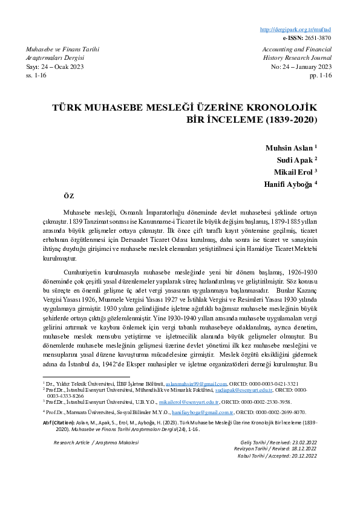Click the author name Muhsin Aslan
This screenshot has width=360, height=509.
pyautogui.click(x=289, y=148)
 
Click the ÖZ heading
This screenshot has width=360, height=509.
pyautogui.click(x=68, y=196)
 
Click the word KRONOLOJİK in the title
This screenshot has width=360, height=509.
pyautogui.click(x=285, y=108)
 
